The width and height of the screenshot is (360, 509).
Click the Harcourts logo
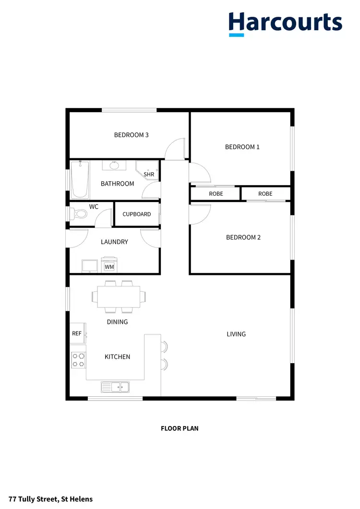coord(285,24)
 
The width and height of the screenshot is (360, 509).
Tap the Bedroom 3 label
coord(131,135)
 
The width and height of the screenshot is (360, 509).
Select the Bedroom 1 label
coord(242,147)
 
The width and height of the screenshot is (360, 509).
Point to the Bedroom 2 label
coord(243,237)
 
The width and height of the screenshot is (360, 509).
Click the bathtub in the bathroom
coord(80,180)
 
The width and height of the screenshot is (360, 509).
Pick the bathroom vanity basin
coord(114,166)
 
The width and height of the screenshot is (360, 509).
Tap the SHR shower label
coord(149,174)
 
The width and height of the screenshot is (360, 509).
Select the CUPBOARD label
coord(137,214)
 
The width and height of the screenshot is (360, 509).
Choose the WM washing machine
coord(109,266)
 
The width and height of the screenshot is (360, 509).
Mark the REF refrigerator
coord(77,333)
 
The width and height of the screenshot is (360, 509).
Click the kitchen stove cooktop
coord(78,360)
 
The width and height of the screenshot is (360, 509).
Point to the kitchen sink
coord(115,386)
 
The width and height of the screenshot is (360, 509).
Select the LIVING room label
coord(236,334)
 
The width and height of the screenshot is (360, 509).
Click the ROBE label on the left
coord(216,194)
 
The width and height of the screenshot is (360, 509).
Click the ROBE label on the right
coord(265,194)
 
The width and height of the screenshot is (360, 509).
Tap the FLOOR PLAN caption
coord(180,428)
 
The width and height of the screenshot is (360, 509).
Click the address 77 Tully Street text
coord(47,499)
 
